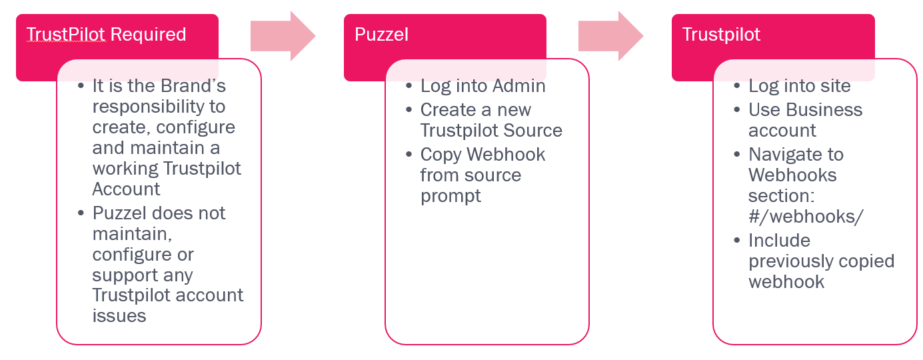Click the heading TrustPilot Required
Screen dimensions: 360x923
click(x=107, y=35)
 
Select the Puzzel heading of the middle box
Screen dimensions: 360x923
click(x=381, y=35)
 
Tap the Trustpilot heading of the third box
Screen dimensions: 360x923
click(x=721, y=35)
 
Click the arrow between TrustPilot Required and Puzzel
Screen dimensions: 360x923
click(x=283, y=36)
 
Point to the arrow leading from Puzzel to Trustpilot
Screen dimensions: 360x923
click(x=610, y=36)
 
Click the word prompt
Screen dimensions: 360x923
click(x=451, y=196)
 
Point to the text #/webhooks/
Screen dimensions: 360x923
click(x=806, y=217)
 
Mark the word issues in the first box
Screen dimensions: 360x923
click(x=119, y=315)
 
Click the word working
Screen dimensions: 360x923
click(x=125, y=168)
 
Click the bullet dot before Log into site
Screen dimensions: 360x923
click(x=736, y=87)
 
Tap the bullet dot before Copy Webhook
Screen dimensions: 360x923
click(x=409, y=155)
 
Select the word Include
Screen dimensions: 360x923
click(x=779, y=241)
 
